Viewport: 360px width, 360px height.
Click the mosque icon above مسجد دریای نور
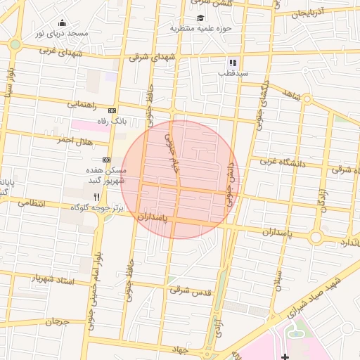(x=63, y=22)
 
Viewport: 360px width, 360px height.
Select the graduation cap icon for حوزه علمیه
(x=201, y=18)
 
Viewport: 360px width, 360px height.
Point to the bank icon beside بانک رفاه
(x=112, y=110)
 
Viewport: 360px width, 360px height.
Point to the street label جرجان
(x=58, y=321)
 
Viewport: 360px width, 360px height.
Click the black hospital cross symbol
(x=285, y=355)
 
